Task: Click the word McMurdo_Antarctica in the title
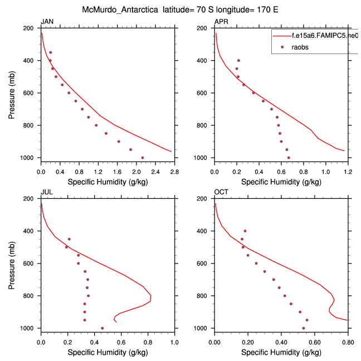pyautogui.click(x=114, y=9)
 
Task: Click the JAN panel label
pyautogui.click(x=47, y=22)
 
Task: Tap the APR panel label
pyautogui.click(x=221, y=22)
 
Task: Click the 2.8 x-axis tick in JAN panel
pyautogui.click(x=174, y=172)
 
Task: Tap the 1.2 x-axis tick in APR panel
pyautogui.click(x=348, y=172)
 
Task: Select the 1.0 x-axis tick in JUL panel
pyautogui.click(x=174, y=342)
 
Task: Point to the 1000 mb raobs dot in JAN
pyautogui.click(x=143, y=158)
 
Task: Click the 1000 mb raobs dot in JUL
pyautogui.click(x=102, y=328)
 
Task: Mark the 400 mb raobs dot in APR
pyautogui.click(x=238, y=60)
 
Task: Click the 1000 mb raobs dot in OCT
pyautogui.click(x=303, y=328)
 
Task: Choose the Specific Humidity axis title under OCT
pyautogui.click(x=281, y=353)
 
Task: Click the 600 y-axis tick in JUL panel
pyautogui.click(x=31, y=264)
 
